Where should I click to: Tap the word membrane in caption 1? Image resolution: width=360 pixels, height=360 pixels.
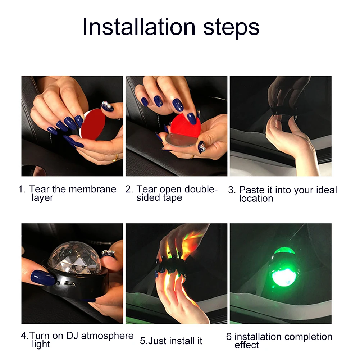click(x=92, y=189)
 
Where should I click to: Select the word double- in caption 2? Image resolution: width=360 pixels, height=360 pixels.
click(x=201, y=189)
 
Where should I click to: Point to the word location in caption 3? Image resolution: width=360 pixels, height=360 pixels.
click(x=256, y=199)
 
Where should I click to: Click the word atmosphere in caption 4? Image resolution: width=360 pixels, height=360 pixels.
click(x=107, y=336)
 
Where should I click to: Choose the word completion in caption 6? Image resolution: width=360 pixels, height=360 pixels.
click(x=308, y=337)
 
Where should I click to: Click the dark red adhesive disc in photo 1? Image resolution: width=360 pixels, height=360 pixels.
click(x=93, y=124)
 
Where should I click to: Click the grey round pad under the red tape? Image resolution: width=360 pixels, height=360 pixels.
click(x=181, y=140)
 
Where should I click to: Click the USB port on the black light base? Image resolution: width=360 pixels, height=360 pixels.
click(x=70, y=284)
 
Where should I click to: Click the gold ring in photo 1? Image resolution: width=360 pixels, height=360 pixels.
click(x=116, y=158)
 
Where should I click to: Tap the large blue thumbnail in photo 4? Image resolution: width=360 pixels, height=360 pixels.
click(x=43, y=277)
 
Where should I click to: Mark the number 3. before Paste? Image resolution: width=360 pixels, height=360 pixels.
click(x=232, y=190)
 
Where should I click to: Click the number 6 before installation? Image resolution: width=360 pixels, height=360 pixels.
click(x=229, y=337)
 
